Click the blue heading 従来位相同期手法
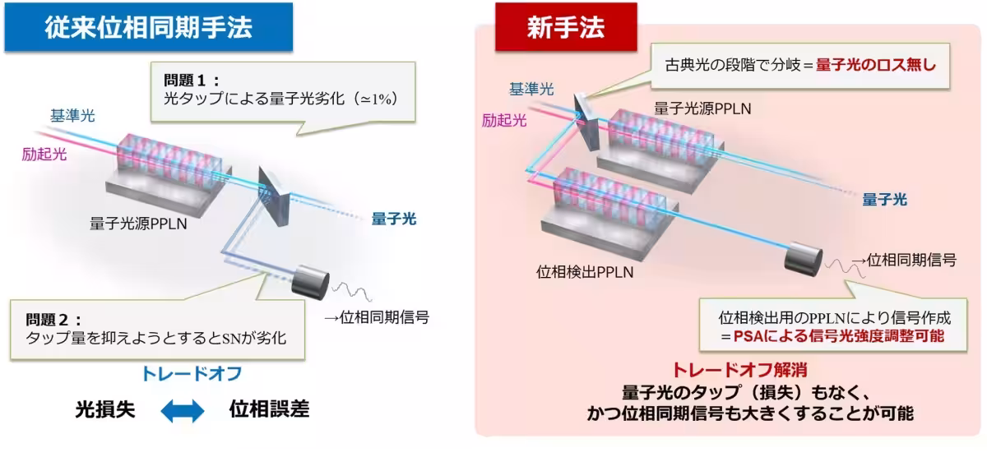148,28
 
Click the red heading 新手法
565,28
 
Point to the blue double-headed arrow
183,411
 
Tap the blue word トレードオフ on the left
192,374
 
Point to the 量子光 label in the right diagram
884,199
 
